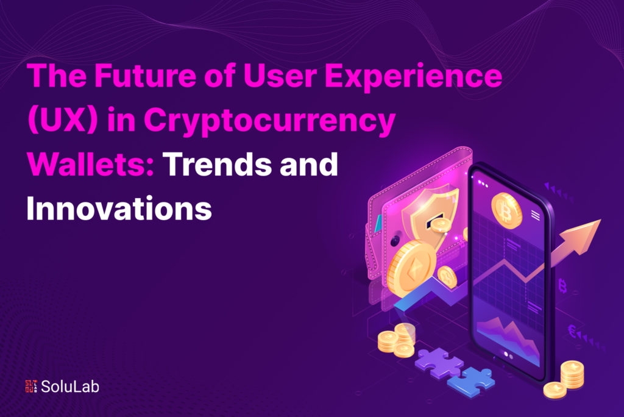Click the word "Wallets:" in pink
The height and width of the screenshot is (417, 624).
pyautogui.click(x=90, y=165)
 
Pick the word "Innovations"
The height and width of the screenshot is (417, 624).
pyautogui.click(x=118, y=208)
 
